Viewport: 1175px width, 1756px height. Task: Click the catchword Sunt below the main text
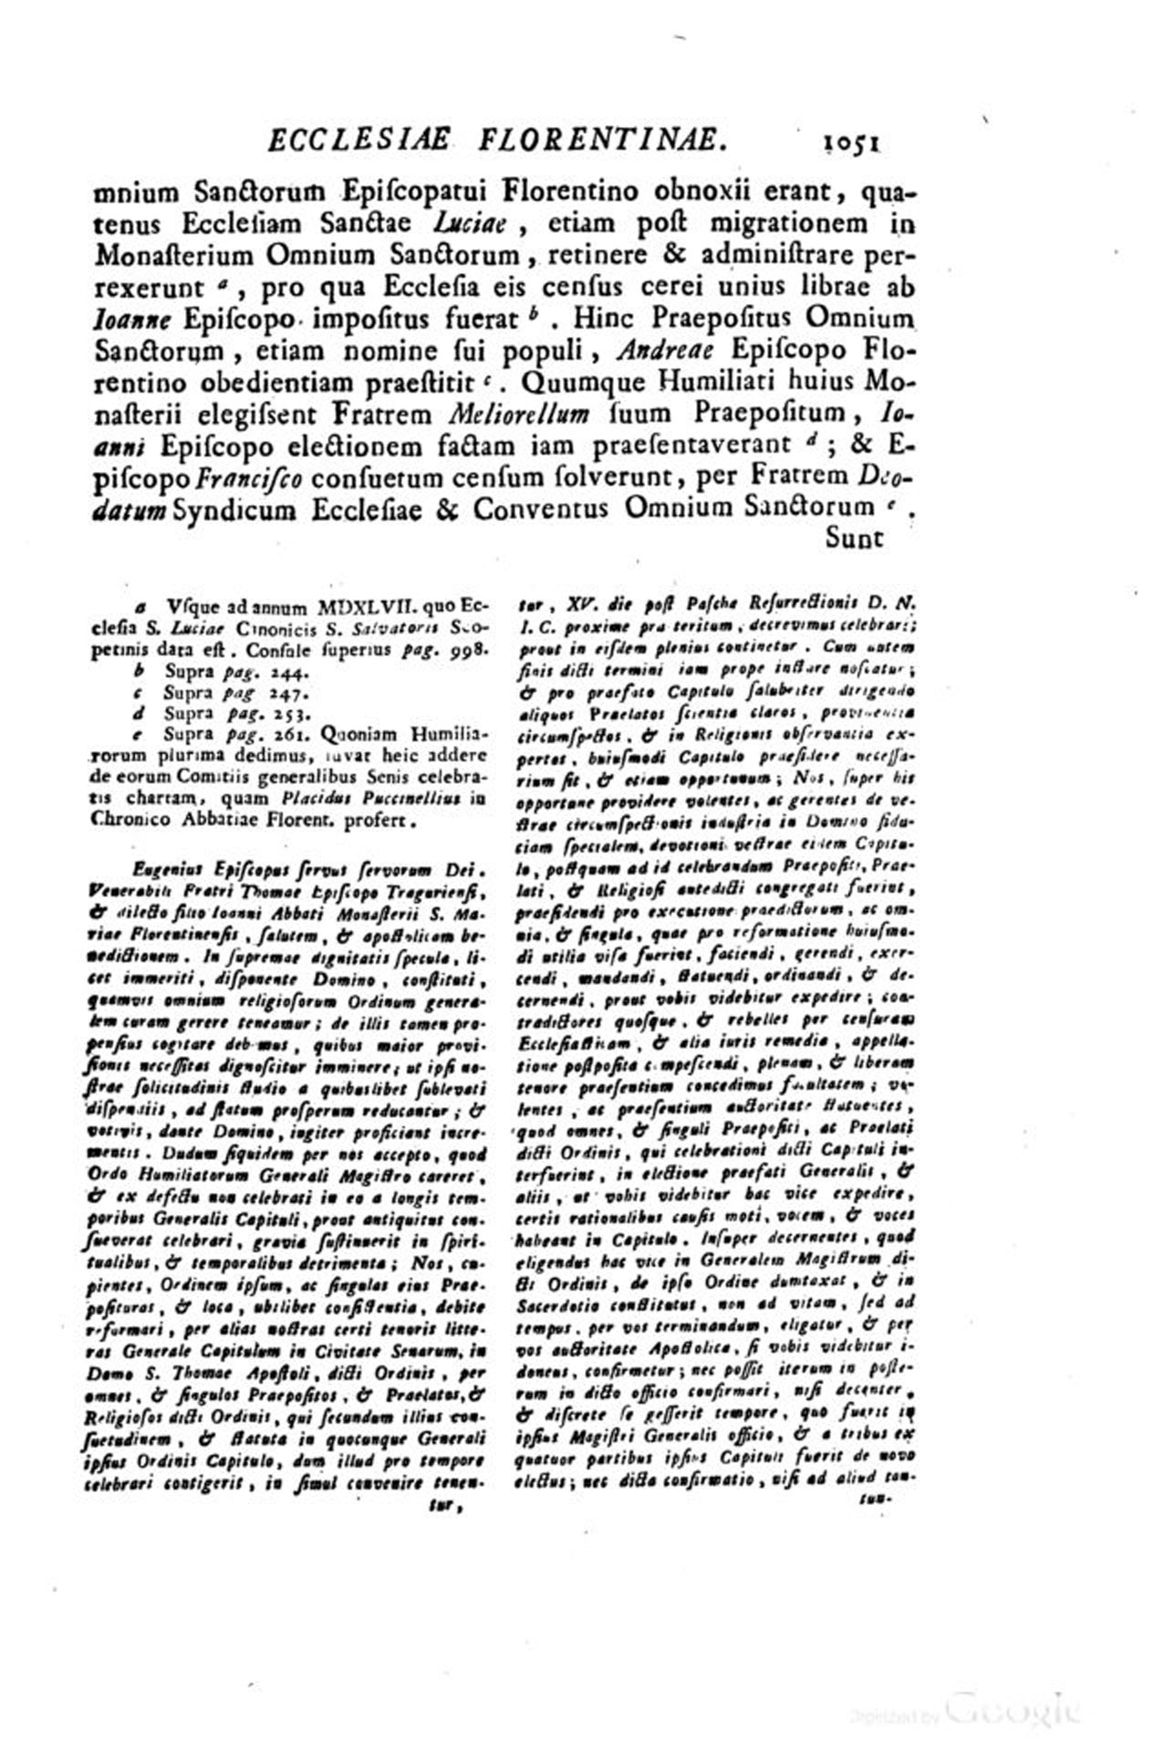tap(855, 538)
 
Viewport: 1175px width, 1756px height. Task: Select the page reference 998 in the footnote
tap(470, 649)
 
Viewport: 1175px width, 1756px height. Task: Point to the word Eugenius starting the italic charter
tap(165, 870)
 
